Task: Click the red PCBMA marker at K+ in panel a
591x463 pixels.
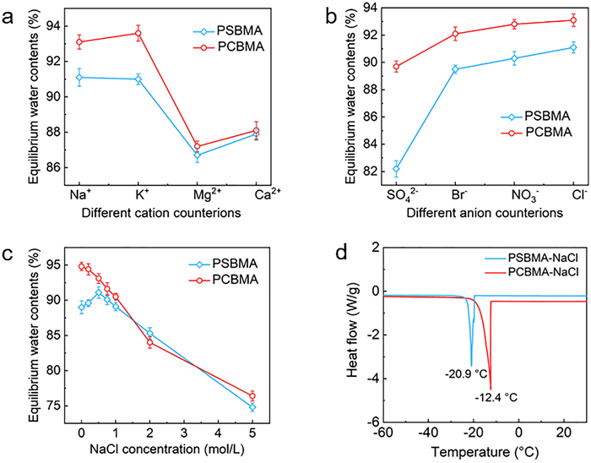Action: [x=138, y=33]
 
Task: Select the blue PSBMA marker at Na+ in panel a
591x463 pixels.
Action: [x=79, y=77]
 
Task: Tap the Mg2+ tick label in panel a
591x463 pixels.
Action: [x=207, y=194]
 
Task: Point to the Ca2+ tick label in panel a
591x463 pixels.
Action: [x=268, y=194]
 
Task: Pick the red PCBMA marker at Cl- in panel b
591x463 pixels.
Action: [x=573, y=20]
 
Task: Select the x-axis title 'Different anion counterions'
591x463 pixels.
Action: [x=485, y=213]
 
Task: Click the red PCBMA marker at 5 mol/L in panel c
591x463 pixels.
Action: [x=252, y=396]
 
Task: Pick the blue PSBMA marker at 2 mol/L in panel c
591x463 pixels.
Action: [x=149, y=333]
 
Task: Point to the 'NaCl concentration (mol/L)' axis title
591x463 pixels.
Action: [x=166, y=449]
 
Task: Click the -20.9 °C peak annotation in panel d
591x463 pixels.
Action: [x=467, y=374]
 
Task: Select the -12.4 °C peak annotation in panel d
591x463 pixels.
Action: [x=496, y=397]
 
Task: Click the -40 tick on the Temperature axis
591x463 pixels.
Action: [x=428, y=433]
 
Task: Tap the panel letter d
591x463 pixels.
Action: [x=341, y=253]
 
